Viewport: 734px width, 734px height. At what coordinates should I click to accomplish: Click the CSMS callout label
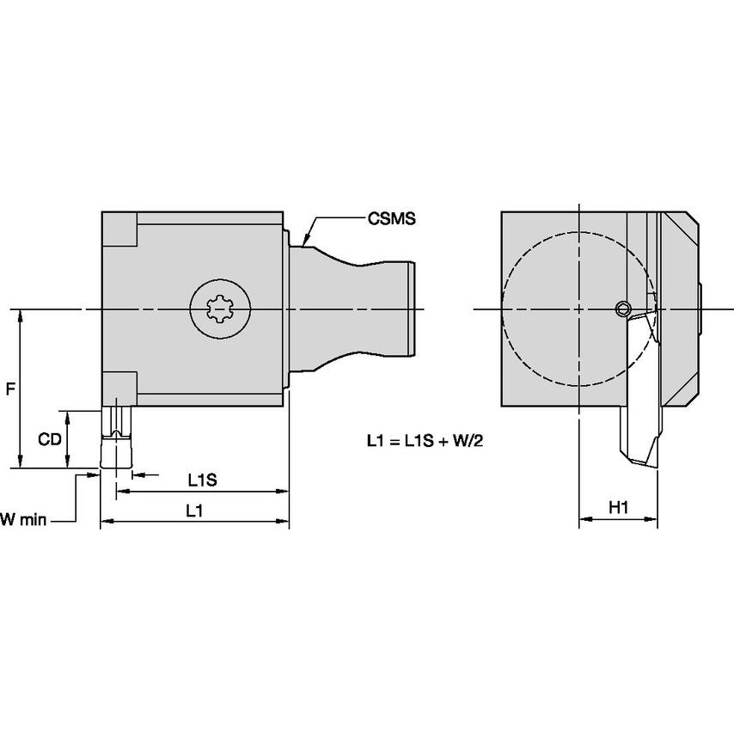coord(392,219)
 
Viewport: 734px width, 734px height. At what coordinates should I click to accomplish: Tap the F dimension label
coord(9,389)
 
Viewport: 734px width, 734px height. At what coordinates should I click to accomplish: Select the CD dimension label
coord(49,438)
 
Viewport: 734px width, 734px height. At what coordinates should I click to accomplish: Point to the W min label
coord(21,518)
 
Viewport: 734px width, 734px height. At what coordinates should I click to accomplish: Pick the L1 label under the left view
coord(194,510)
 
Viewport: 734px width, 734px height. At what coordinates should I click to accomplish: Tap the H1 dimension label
coord(619,508)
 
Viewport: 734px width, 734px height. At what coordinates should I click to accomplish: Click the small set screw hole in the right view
coord(623,309)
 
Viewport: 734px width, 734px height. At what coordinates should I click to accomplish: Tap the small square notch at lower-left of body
coord(119,388)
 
